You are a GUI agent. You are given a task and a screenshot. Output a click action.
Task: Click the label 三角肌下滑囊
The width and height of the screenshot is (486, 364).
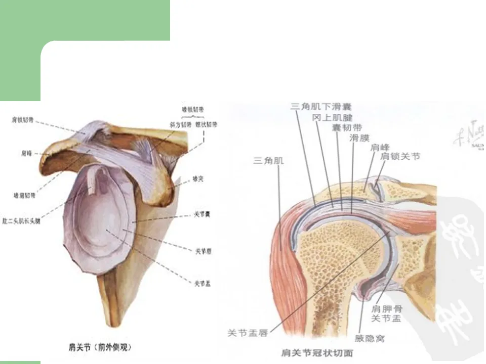pyautogui.click(x=321, y=107)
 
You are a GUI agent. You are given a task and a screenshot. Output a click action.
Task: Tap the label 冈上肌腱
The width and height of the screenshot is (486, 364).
pyautogui.click(x=332, y=117)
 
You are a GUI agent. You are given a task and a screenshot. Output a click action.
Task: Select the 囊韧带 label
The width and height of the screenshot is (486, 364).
pyautogui.click(x=346, y=127)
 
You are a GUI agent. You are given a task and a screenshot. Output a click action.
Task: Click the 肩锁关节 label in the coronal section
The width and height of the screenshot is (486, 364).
pyautogui.click(x=400, y=157)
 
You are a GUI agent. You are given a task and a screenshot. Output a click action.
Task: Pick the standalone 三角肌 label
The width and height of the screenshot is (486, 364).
pyautogui.click(x=268, y=160)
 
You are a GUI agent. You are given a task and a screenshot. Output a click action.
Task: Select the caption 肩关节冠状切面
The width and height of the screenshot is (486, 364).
pyautogui.click(x=317, y=352)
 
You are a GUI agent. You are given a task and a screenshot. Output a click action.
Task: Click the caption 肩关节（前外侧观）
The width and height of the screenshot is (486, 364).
pyautogui.click(x=100, y=347)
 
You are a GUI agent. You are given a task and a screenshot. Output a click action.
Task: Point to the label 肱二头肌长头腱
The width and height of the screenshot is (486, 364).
pyautogui.click(x=21, y=221)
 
